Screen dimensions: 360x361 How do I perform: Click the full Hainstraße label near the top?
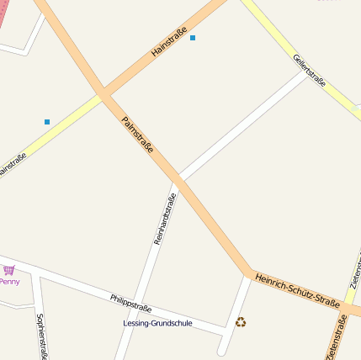[x=168, y=41]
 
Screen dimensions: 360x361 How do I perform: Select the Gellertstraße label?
[x=309, y=70]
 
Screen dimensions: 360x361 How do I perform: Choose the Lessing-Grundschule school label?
[x=157, y=323]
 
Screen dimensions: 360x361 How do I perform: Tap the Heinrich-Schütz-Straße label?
[x=297, y=290]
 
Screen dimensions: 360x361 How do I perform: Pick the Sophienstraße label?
[x=40, y=335]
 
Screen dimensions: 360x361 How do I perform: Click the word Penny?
[x=9, y=282]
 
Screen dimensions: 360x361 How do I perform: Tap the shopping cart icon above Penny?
[x=9, y=270]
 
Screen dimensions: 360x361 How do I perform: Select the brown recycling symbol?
[x=241, y=321]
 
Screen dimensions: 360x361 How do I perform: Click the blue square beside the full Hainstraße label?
[x=193, y=38]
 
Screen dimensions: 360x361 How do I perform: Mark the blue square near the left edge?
[x=47, y=122]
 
